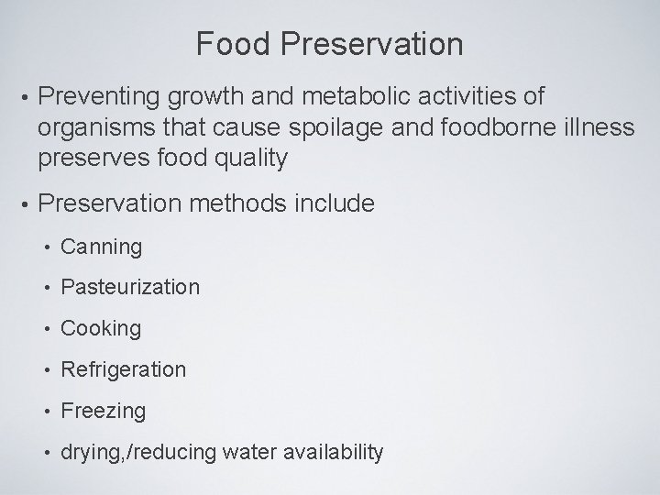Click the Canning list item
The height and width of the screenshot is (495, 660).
(x=101, y=247)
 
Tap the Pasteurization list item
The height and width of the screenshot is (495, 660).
(x=129, y=288)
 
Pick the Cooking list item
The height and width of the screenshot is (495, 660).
(x=101, y=329)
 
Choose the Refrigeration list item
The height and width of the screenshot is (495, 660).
(x=123, y=370)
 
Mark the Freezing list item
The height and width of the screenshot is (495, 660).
(x=103, y=412)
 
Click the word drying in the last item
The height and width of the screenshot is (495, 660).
(x=87, y=453)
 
